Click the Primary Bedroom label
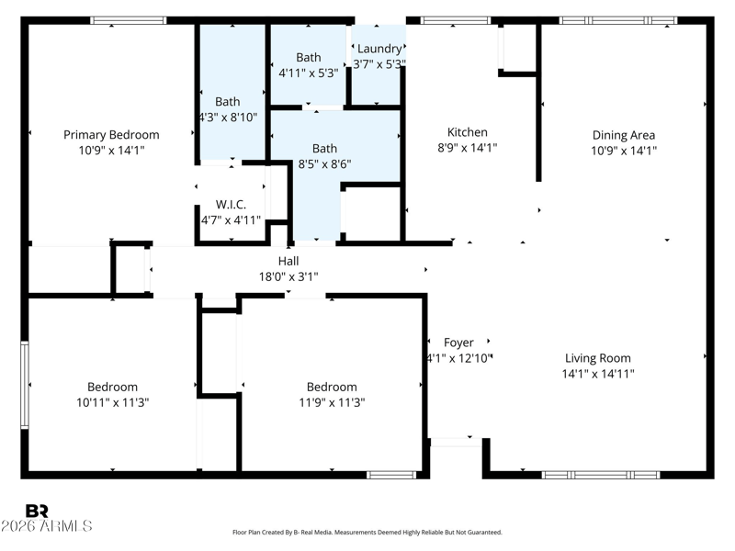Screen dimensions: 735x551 coord(111,135)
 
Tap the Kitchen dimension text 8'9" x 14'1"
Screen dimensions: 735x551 coord(468,148)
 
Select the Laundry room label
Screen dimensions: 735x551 coord(379,49)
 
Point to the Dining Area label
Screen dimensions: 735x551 coord(624,135)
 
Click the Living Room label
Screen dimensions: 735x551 coord(598,358)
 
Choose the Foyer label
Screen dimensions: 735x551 coord(458,343)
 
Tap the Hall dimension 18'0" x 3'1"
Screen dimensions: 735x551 coord(288,277)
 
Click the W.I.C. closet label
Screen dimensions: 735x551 coord(231,205)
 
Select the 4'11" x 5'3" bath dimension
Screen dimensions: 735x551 coord(309,73)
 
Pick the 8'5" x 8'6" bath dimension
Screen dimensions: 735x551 coord(324,164)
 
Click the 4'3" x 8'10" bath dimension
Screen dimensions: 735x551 coord(228,118)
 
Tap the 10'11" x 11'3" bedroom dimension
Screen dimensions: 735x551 coord(112,402)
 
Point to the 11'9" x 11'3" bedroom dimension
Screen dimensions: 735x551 coord(332,402)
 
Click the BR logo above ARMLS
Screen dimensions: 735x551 coord(37,511)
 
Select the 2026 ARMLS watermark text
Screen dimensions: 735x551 coord(47,525)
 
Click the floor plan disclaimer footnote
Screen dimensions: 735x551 coord(367,533)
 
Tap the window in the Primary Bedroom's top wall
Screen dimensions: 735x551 coord(128,20)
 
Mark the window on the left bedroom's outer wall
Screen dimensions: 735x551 coord(25,385)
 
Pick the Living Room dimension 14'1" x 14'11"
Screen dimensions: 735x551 coord(598,374)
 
